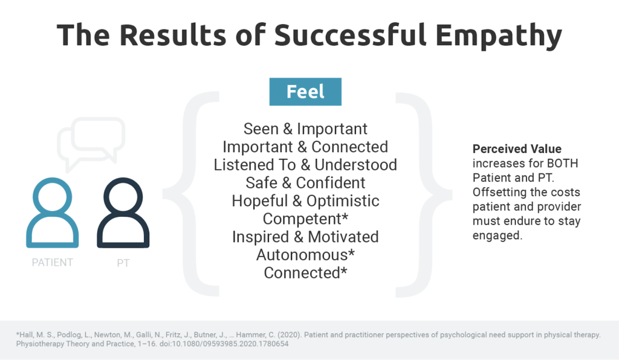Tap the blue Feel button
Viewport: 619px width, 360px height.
305,92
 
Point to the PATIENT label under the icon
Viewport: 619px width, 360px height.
53,263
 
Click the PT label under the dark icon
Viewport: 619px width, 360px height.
123,263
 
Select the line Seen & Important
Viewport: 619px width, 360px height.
305,129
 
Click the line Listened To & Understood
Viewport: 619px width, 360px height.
305,165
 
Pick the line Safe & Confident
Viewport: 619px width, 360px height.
305,182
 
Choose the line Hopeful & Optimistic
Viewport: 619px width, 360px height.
305,201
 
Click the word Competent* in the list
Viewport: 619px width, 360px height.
305,219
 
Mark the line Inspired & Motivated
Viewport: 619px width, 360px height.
305,237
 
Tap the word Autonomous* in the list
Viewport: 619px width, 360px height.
305,255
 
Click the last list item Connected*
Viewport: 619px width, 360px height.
305,272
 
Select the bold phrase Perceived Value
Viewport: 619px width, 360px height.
517,149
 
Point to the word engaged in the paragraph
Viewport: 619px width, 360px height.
496,236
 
